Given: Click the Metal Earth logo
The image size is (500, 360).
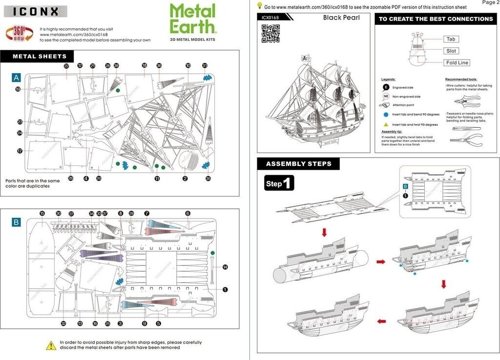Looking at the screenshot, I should tap(192, 20).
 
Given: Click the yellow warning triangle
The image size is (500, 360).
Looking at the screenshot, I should tap(51, 345).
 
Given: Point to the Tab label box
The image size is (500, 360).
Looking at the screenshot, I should tap(451, 39).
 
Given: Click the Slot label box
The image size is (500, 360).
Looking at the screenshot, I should tap(451, 51).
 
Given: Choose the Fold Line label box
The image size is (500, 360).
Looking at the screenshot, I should tap(457, 62).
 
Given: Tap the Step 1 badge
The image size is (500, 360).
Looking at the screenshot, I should tap(279, 183).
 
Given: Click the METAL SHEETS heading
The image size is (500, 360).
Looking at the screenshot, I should tap(40, 57).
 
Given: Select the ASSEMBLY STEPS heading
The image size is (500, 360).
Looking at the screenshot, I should tap(298, 164).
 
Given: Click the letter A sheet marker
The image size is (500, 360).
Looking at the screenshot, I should tap(17, 78).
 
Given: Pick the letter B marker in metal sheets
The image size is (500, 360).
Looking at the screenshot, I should tap(17, 222).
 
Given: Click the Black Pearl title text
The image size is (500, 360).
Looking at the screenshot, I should tap(341, 18).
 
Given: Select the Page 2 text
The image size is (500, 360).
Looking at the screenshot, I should tap(490, 3).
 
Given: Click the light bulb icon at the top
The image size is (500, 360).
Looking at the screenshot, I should tap(260, 6).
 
